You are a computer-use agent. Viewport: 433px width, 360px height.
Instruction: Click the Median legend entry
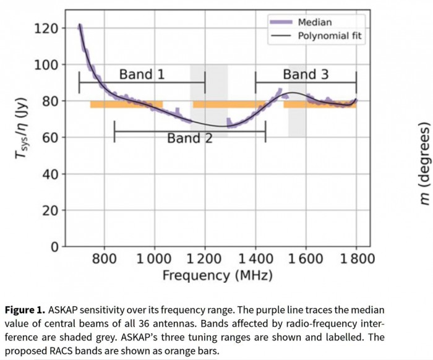click(315, 22)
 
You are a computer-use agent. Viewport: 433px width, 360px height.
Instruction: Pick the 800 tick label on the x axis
click(104, 258)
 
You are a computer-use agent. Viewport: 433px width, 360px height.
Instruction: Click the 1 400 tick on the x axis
click(255, 258)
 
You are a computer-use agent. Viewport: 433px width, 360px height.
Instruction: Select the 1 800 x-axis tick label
click(356, 258)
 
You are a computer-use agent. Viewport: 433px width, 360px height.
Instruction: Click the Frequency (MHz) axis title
click(217, 275)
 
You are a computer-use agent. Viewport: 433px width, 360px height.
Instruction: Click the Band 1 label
click(142, 75)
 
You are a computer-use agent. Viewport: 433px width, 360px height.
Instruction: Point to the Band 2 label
click(189, 138)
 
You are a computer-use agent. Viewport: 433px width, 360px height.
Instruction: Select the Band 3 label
click(306, 75)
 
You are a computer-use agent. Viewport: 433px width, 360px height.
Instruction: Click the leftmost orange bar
click(126, 105)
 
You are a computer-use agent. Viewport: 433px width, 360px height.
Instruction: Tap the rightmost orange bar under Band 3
click(320, 105)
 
